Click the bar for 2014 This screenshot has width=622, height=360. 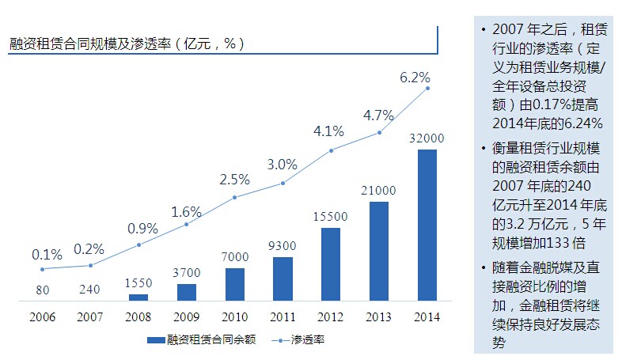click(427, 225)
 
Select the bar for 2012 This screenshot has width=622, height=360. click(331, 264)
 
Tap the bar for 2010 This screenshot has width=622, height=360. click(235, 284)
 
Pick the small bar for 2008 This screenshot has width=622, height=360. click(138, 297)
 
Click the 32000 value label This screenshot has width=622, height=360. click(427, 138)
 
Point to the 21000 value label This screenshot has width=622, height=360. click(379, 191)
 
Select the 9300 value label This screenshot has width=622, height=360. click(283, 246)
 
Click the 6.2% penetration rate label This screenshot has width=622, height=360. click(415, 78)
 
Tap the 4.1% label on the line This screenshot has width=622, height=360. click(329, 131)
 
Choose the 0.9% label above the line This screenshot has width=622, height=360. click(142, 229)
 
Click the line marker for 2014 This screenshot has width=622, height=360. click(428, 88)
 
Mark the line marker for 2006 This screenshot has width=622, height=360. click(42, 269)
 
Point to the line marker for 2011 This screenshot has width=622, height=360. click(283, 183)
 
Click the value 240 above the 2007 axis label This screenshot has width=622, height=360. click(90, 290)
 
